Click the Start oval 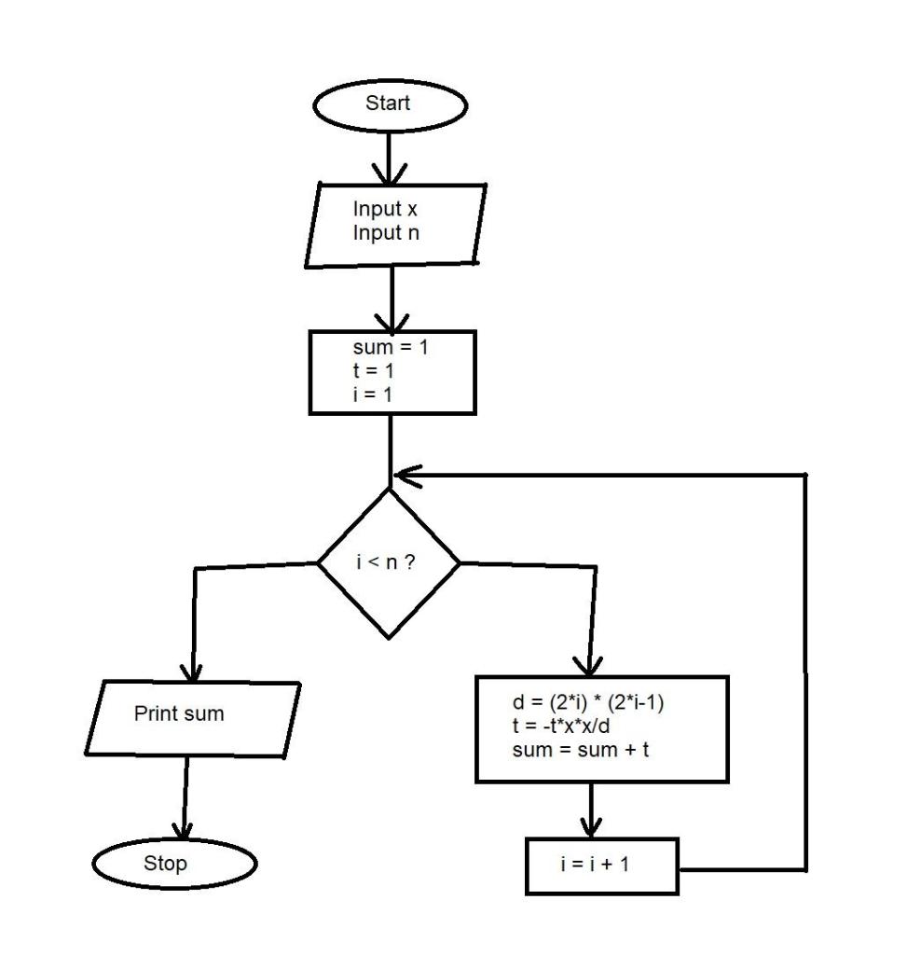click(388, 104)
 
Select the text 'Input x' click(384, 208)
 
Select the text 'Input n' click(385, 232)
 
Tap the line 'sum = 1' click(389, 349)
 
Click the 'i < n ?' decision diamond click(389, 564)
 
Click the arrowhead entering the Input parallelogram click(390, 173)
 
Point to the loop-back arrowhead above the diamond click(403, 475)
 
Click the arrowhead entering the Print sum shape click(192, 671)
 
